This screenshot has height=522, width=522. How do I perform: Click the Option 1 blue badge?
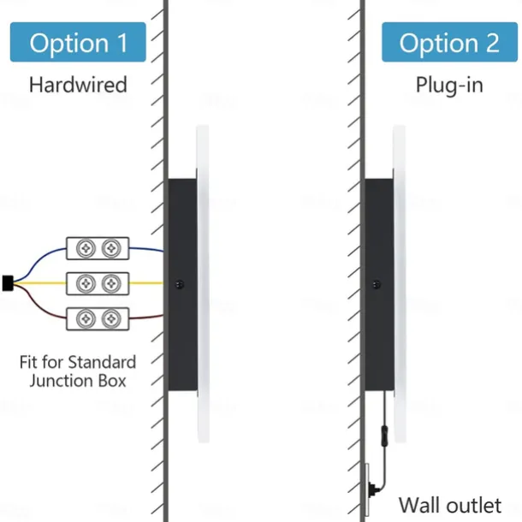pyautogui.click(x=78, y=43)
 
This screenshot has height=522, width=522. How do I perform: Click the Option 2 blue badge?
pyautogui.click(x=449, y=43)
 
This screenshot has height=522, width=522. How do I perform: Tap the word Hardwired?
pyautogui.click(x=78, y=85)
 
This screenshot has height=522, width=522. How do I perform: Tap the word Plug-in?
pyautogui.click(x=449, y=85)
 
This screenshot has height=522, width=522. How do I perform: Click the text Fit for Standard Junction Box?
pyautogui.click(x=77, y=371)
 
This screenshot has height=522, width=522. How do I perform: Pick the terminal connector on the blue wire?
pyautogui.click(x=98, y=248)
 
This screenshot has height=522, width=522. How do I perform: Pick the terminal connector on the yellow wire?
pyautogui.click(x=98, y=282)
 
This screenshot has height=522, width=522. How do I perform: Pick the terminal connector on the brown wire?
pyautogui.click(x=98, y=318)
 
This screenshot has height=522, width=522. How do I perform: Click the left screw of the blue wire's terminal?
pyautogui.click(x=86, y=248)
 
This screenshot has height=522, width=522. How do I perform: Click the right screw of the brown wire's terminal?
pyautogui.click(x=110, y=318)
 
